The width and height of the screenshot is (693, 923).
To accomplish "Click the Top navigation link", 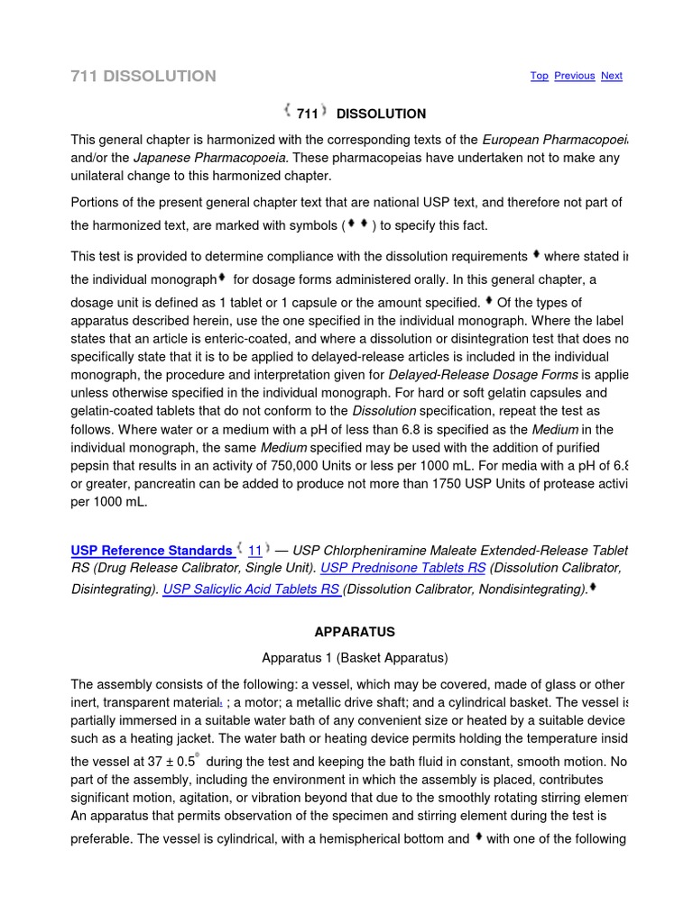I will [x=539, y=76].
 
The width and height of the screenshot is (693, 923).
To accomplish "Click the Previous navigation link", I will [x=574, y=76].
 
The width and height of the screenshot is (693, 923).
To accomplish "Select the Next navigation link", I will [x=611, y=76].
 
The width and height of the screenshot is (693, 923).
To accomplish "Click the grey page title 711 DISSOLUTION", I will [x=143, y=76].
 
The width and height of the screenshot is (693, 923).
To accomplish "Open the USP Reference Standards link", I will [x=152, y=551].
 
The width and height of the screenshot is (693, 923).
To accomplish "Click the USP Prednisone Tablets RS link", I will [x=403, y=568].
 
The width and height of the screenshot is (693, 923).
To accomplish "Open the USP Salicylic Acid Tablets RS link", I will [x=251, y=589].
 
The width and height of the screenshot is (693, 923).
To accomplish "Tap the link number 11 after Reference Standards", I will [x=255, y=551].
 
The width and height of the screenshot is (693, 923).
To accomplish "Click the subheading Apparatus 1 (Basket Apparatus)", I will [x=355, y=657].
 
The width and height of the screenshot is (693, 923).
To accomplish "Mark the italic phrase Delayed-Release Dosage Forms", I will [x=483, y=374].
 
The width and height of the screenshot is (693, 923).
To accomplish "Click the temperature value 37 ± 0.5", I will [x=169, y=762].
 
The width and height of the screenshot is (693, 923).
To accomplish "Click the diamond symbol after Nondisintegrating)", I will [x=593, y=588].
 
